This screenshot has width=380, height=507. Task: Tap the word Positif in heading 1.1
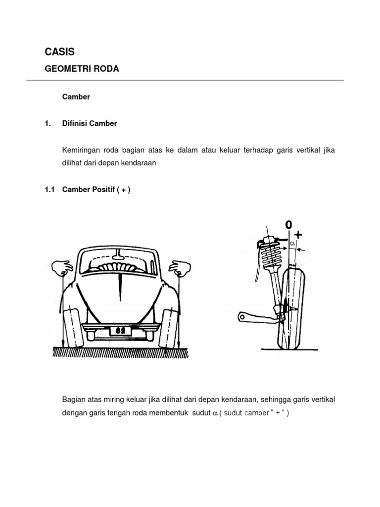(101, 189)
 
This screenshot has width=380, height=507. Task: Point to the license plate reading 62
(121, 330)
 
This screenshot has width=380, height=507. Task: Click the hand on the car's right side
(179, 268)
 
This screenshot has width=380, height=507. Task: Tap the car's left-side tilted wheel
(72, 326)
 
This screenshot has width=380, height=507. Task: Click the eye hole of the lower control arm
(241, 316)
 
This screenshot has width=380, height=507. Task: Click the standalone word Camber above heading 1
(76, 97)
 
